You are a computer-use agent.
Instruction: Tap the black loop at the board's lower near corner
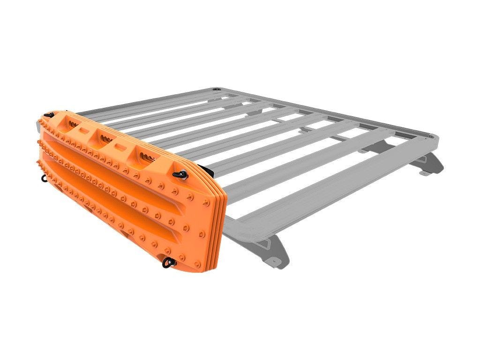(x=167, y=262)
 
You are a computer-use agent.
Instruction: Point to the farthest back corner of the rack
(x=216, y=89)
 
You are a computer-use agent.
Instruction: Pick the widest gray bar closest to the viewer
(x=328, y=197)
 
